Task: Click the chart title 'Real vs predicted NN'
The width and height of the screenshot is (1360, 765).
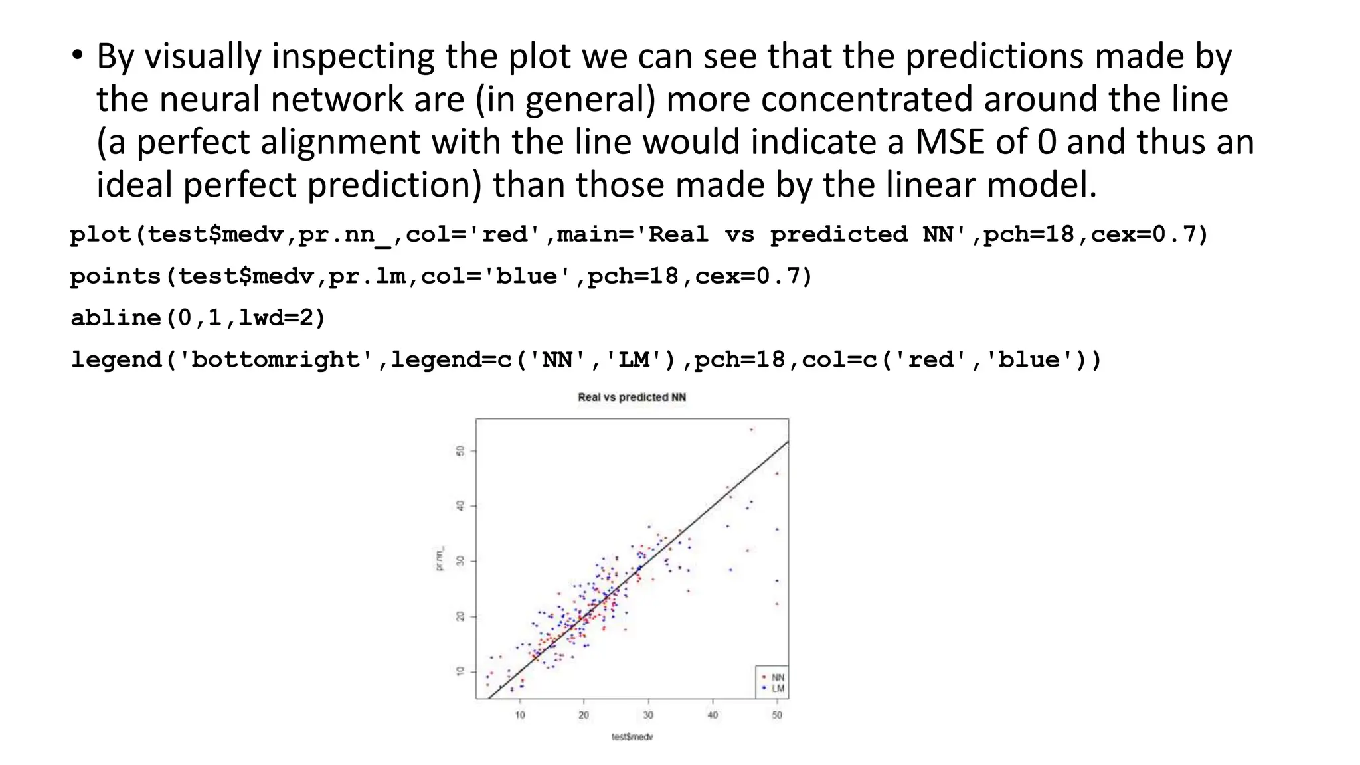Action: click(x=632, y=397)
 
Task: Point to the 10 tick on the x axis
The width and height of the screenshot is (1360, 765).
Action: click(x=519, y=715)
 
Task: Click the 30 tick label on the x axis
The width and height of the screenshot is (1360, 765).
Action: click(x=648, y=715)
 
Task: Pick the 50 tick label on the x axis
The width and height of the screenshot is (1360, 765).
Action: click(x=777, y=715)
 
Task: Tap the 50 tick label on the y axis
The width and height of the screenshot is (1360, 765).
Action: click(x=460, y=451)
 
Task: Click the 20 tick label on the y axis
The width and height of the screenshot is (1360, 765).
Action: click(x=460, y=616)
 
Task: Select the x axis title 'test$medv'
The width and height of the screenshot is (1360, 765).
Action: click(x=632, y=736)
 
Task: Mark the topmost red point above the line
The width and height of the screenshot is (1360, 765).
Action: click(x=751, y=430)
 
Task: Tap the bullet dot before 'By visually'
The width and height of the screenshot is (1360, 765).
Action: click(x=78, y=56)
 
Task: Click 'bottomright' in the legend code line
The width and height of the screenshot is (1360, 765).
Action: click(x=281, y=359)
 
